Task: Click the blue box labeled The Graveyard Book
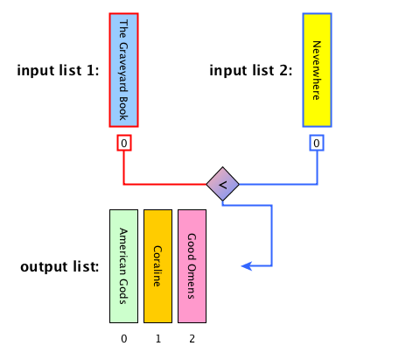pyautogui.click(x=123, y=70)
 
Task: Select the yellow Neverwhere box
pyautogui.click(x=317, y=70)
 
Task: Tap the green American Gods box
pyautogui.click(x=123, y=266)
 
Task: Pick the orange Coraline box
pyautogui.click(x=157, y=266)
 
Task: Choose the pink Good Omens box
pyautogui.click(x=192, y=266)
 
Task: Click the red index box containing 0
pyautogui.click(x=124, y=143)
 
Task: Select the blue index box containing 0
pyautogui.click(x=317, y=143)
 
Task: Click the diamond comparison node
pyautogui.click(x=222, y=184)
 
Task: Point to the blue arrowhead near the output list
pyautogui.click(x=247, y=266)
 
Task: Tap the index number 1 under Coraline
pyautogui.click(x=158, y=339)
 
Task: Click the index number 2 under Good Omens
pyautogui.click(x=192, y=339)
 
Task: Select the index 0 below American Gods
pyautogui.click(x=124, y=339)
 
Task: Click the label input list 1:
pyautogui.click(x=58, y=70)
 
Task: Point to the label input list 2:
pyautogui.click(x=251, y=70)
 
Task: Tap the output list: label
pyautogui.click(x=59, y=266)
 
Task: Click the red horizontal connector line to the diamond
pyautogui.click(x=165, y=184)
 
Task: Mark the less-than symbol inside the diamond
pyautogui.click(x=222, y=185)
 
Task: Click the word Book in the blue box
pyautogui.click(x=123, y=109)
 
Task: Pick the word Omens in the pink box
pyautogui.click(x=192, y=281)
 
